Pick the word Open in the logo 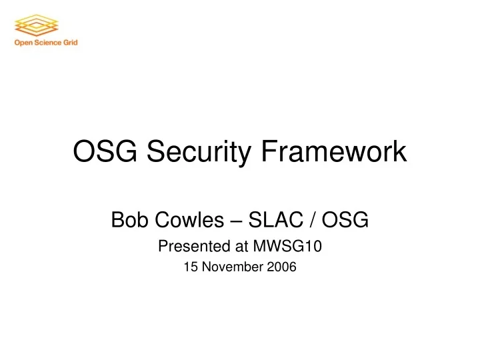click(x=23, y=43)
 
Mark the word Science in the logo click(x=49, y=43)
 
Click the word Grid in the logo click(x=71, y=43)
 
